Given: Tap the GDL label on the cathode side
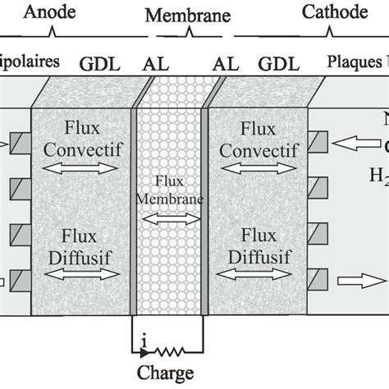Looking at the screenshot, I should pos(272,62).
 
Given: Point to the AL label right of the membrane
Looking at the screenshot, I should pos(222,62).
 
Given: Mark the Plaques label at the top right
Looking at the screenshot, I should pos(356,62).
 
